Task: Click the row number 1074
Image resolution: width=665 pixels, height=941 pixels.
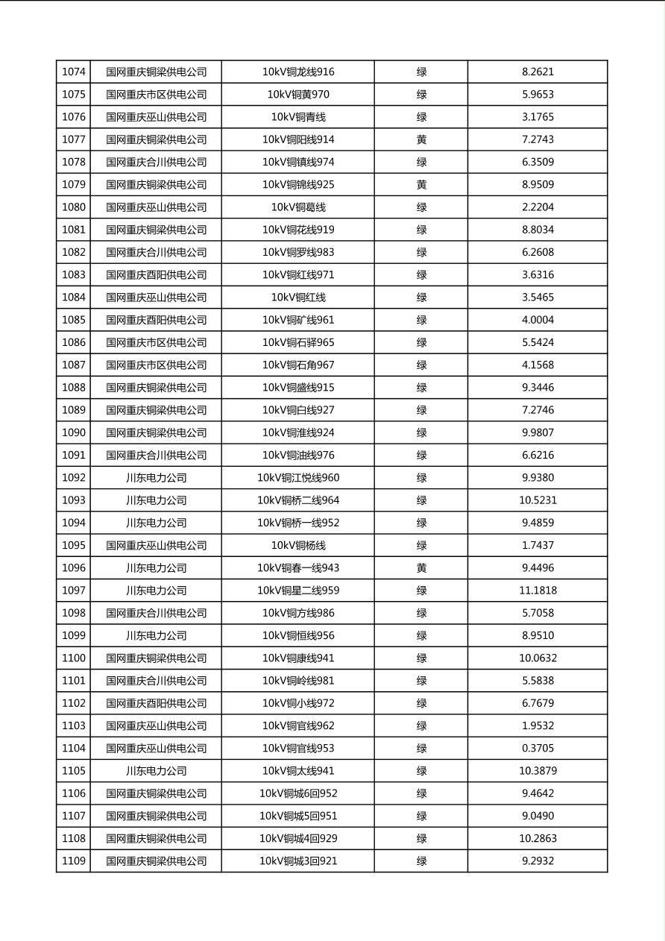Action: click(73, 72)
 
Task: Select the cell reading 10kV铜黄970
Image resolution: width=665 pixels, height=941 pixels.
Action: click(298, 95)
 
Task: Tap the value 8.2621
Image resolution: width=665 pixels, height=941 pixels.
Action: click(538, 72)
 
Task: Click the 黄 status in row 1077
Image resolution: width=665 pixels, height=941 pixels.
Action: click(421, 139)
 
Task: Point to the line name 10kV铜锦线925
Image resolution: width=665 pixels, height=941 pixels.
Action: click(298, 185)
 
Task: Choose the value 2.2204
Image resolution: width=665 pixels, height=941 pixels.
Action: click(538, 207)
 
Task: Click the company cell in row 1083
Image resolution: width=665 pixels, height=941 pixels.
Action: click(156, 275)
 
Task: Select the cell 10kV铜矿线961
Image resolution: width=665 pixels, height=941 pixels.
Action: click(298, 320)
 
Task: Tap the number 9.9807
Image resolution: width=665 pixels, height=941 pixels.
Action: click(538, 432)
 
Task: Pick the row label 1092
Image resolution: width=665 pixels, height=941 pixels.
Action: click(73, 478)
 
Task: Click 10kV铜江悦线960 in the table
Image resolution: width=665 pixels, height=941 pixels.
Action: click(298, 478)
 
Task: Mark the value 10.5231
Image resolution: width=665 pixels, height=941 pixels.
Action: click(538, 500)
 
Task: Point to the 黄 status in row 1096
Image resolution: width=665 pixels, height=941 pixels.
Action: click(421, 568)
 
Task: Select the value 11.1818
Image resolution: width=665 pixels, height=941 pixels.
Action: click(538, 591)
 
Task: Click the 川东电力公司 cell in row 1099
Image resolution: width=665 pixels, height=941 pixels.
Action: click(156, 636)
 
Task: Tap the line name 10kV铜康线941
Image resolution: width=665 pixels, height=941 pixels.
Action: click(298, 658)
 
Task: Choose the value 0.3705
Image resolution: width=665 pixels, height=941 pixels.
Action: click(538, 749)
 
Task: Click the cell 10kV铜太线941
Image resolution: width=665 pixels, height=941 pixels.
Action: click(298, 771)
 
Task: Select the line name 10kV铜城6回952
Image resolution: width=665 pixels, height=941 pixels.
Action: click(298, 793)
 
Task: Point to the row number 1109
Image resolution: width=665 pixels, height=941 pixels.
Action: click(73, 861)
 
